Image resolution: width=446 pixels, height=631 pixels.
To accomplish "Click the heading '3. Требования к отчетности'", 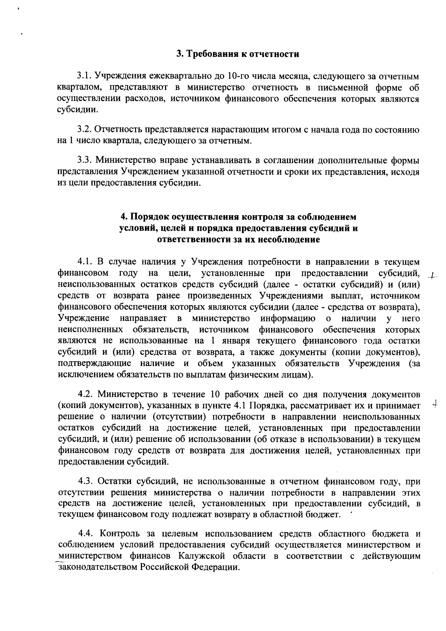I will coord(238,54).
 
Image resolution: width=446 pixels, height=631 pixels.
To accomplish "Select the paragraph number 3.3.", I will coord(84,161).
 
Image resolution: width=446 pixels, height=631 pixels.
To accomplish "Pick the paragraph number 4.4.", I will coord(86,534).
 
